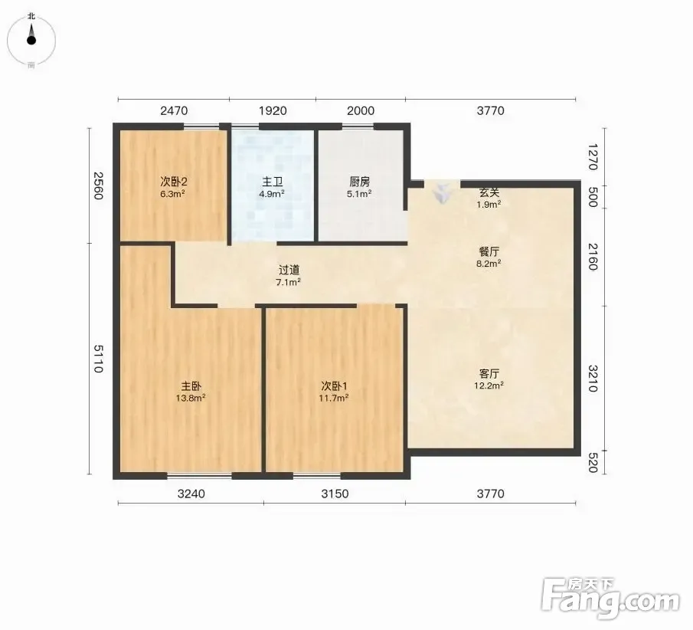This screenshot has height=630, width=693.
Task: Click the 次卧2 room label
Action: pos(174,182)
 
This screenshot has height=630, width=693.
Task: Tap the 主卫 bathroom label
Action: pos(273,182)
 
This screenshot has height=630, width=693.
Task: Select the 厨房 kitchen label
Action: pos(359,182)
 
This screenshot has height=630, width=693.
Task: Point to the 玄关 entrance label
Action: pos(489,192)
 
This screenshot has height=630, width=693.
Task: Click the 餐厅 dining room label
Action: pos(489,251)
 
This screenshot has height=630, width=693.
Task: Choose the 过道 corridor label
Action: pos(289,270)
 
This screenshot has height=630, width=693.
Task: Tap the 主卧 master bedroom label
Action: pos(191,386)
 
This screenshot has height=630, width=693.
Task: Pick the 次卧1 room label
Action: pos(334,386)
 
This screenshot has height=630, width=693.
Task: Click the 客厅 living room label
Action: pos(489,373)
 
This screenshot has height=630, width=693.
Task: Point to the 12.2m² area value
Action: pos(489,386)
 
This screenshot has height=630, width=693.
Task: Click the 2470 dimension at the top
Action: pos(174,110)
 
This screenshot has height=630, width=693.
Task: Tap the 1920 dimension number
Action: pos(273,110)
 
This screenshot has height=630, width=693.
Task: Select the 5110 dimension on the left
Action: pos(98,359)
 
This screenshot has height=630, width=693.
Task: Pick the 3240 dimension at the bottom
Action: pos(191,494)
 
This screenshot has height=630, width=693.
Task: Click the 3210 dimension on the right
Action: pos(593,379)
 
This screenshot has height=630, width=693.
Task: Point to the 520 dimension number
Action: pos(593,463)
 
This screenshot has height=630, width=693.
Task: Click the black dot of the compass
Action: pos(31,41)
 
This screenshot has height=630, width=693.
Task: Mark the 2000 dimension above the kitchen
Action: pos(361,110)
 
